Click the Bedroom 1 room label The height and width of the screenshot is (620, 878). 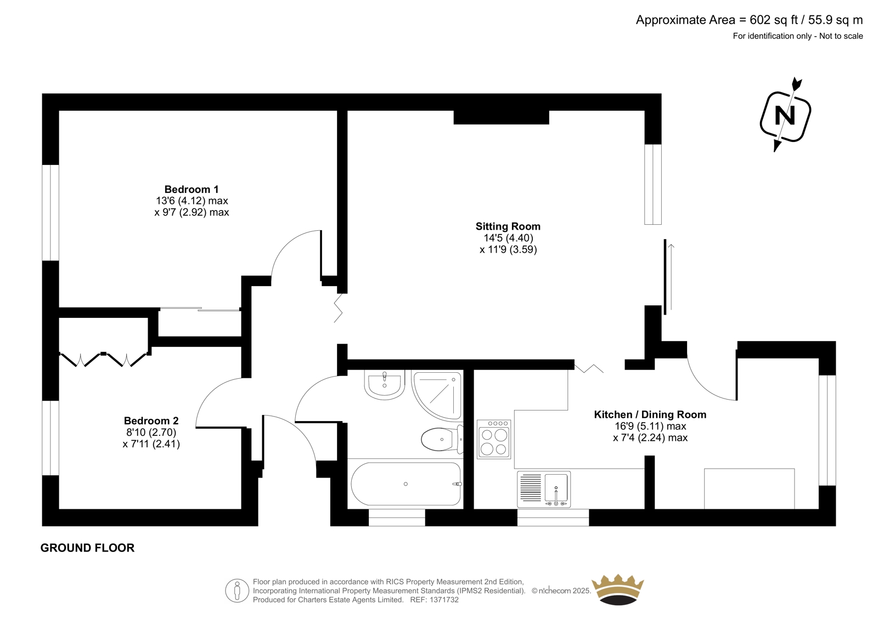[x=192, y=190]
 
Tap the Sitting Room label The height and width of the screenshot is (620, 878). [x=508, y=226]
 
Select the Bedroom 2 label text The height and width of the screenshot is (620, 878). [x=151, y=420]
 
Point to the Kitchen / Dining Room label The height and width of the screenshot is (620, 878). [x=650, y=414]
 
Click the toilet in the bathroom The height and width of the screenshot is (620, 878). [x=442, y=439]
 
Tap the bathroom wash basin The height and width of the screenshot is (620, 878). [x=384, y=384]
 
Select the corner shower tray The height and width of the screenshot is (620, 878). [x=437, y=396]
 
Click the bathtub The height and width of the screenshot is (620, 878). [x=406, y=484]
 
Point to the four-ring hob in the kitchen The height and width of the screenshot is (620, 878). [x=494, y=439]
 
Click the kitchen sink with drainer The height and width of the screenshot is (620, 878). [x=544, y=489]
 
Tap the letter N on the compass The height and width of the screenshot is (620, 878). [x=785, y=116]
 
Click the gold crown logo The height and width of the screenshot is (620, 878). [x=618, y=589]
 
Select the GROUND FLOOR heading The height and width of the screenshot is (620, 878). [x=87, y=548]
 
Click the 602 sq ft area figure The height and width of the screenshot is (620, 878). [x=774, y=20]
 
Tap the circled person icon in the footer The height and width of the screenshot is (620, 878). [x=237, y=590]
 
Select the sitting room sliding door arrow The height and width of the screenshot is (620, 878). [x=671, y=276]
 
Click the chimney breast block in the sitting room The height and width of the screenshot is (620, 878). [x=502, y=117]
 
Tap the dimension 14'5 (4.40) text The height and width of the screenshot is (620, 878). [x=508, y=238]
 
